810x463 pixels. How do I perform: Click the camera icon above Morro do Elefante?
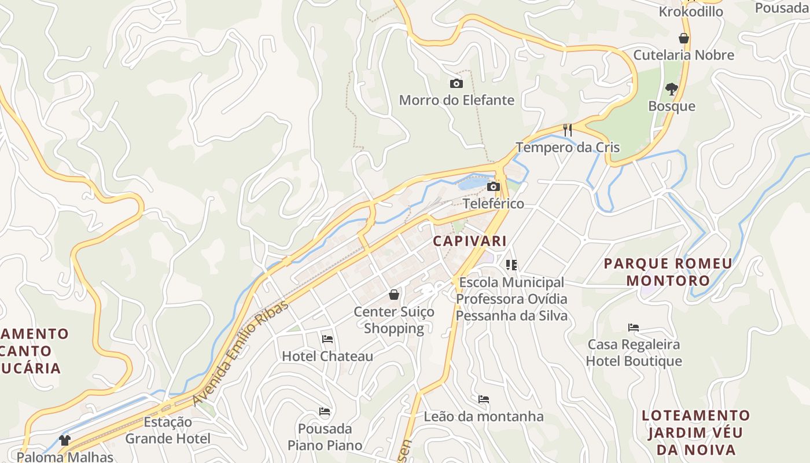pos(456,84)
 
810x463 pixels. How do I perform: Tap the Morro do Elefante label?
pos(456,100)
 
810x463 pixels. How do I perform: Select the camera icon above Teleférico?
pos(494,186)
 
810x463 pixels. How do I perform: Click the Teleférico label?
pos(493,204)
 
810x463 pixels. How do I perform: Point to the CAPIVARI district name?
pos(470,241)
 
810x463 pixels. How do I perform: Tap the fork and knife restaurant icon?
pos(568,130)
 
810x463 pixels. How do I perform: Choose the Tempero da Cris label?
pos(568,148)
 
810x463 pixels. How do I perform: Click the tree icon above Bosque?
pos(671,89)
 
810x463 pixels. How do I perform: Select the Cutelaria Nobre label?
pos(683,55)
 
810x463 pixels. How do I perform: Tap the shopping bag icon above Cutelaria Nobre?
pos(684,39)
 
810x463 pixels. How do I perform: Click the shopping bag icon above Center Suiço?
pos(394,295)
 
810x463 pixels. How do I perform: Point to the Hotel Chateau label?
pos(327,356)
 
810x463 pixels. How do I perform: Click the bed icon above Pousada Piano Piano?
pos(325,411)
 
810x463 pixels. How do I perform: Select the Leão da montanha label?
pos(484,417)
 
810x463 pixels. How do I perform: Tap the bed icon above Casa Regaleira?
pos(634,328)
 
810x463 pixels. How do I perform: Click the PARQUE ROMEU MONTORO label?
pos(668,272)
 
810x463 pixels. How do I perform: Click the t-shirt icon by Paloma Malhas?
pos(65,440)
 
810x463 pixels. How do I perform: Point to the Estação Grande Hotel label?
pos(168,430)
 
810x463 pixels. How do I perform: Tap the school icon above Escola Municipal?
pos(511,265)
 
